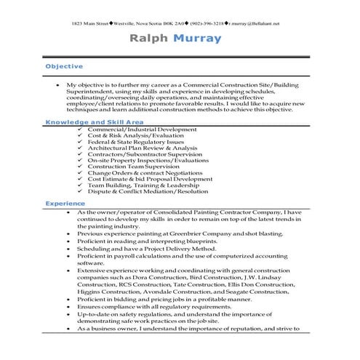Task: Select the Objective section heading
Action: pyautogui.click(x=64, y=66)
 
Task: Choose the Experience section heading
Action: pyautogui.click(x=65, y=204)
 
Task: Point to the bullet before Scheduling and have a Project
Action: pyautogui.click(x=68, y=249)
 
